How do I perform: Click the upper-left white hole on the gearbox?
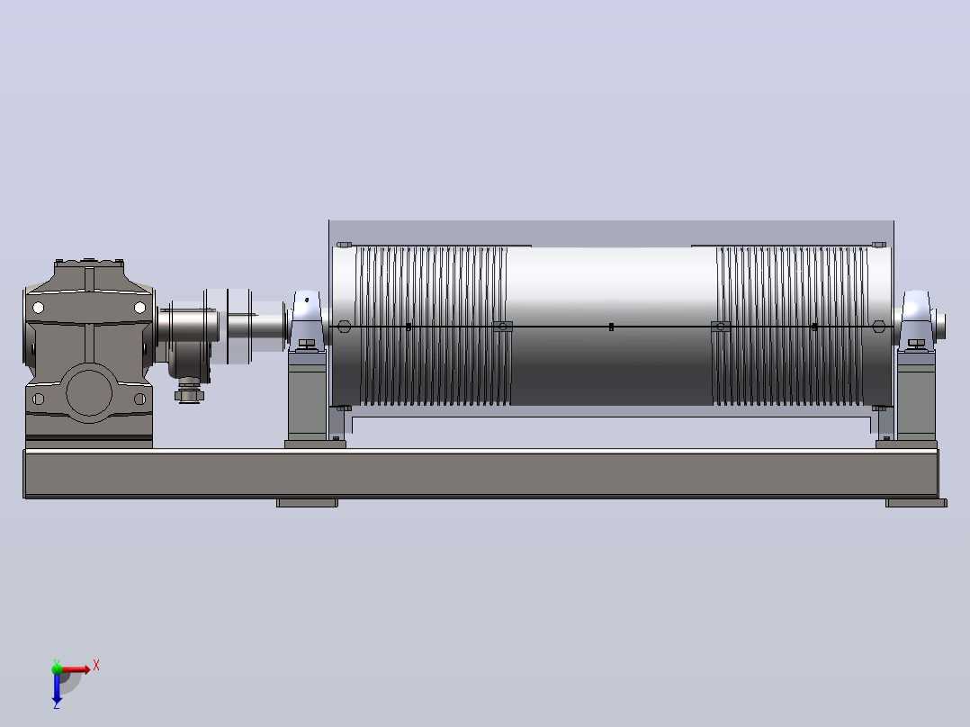[x=38, y=308]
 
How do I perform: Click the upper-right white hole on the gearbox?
[x=139, y=308]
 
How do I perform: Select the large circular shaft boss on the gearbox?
[x=89, y=393]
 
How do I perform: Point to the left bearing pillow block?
[x=306, y=322]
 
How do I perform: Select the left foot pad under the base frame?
[x=307, y=503]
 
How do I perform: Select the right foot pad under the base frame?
[x=916, y=503]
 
